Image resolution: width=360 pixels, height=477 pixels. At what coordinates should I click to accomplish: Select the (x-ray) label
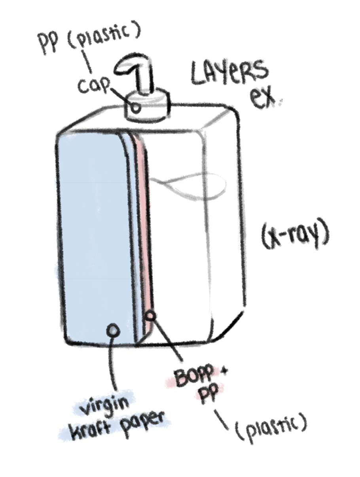[294, 237]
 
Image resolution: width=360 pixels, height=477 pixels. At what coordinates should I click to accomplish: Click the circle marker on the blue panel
[114, 330]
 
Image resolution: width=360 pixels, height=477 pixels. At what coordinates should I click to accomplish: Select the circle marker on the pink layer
[150, 316]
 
